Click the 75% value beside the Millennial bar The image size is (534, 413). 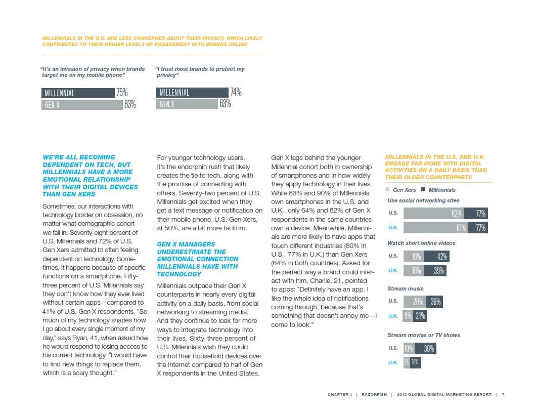122,93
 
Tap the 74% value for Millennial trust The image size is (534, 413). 236,93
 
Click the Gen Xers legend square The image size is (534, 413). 388,190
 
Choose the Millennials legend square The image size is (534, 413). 423,190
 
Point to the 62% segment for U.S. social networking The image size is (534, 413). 434,214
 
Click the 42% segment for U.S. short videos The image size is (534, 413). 436,257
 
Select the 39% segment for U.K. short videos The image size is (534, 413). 435,271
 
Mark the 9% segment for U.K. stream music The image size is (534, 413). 408,316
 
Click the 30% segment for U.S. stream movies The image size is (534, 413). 424,349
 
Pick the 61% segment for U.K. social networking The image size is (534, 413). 434,228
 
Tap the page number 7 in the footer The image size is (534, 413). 503,395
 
